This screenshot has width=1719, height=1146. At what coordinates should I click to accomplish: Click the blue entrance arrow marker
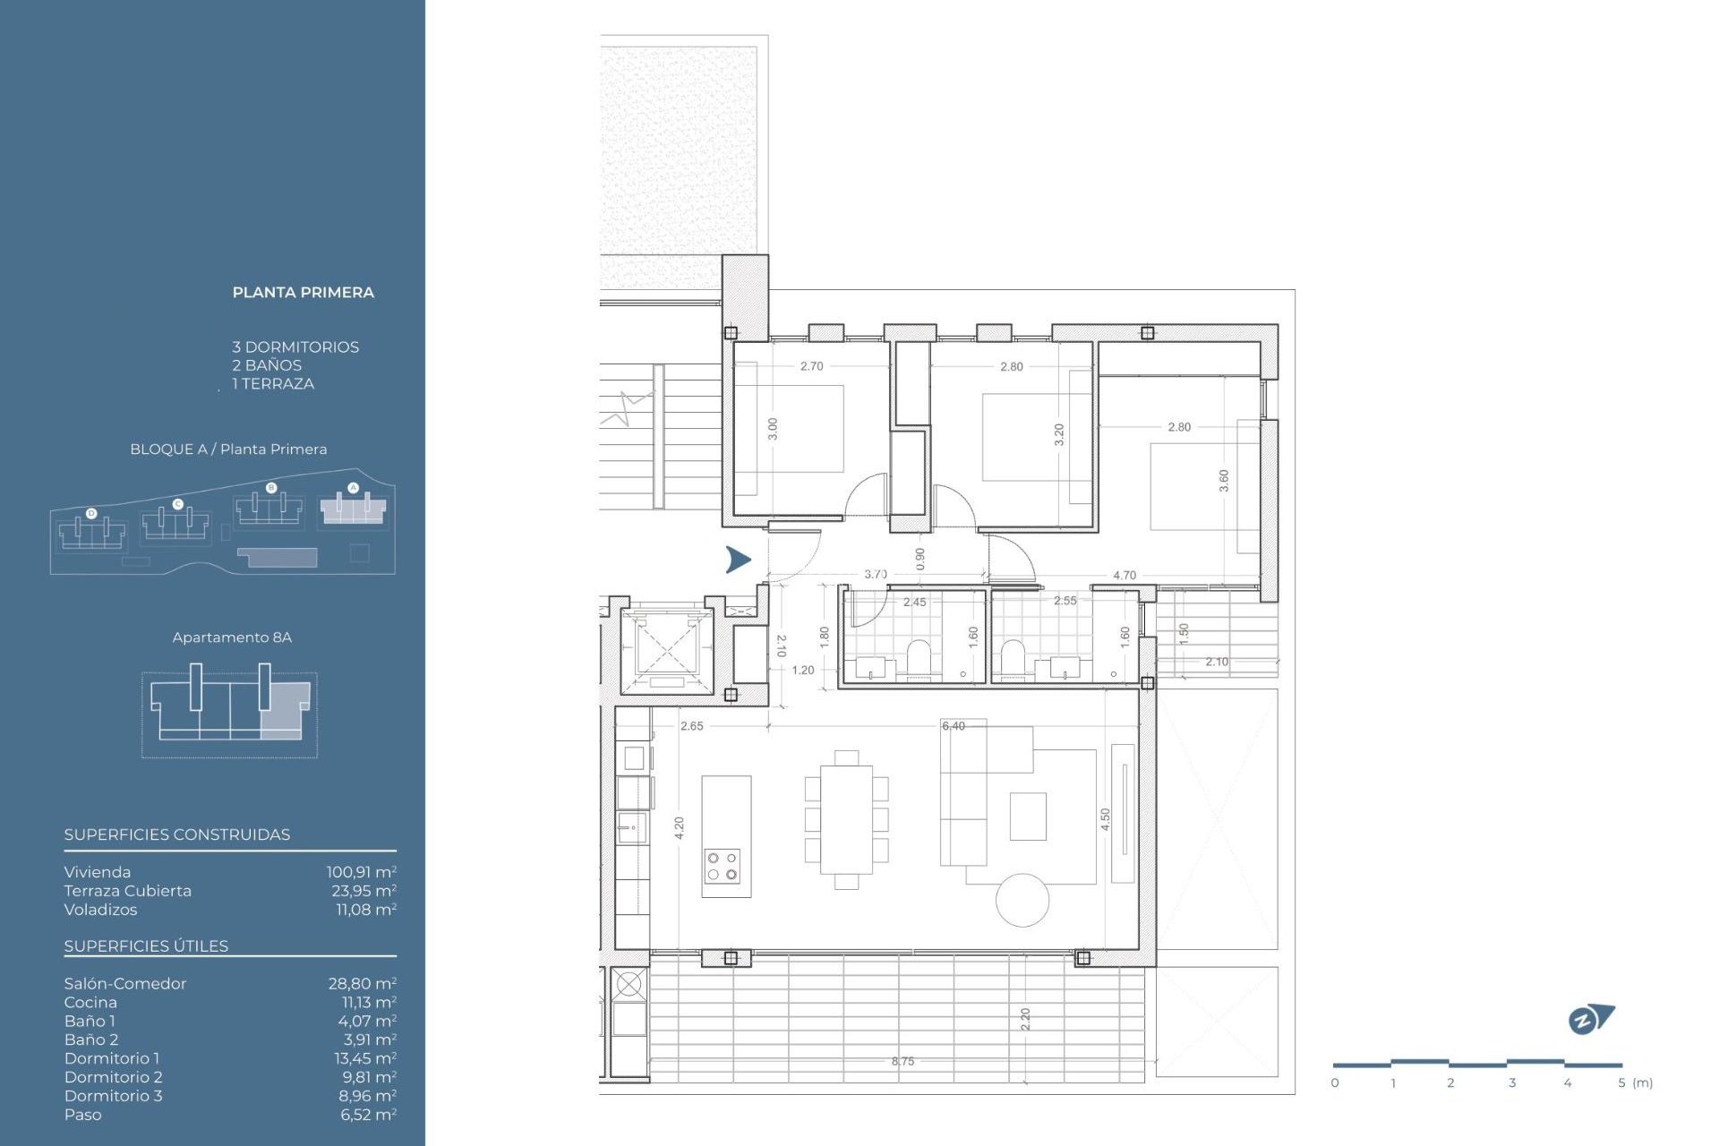[x=738, y=560]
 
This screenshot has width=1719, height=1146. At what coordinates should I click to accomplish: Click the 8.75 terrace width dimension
[x=902, y=1061]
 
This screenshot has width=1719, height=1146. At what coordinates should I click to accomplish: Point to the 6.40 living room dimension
[x=954, y=726]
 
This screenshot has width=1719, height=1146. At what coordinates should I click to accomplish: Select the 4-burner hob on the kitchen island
[x=722, y=866]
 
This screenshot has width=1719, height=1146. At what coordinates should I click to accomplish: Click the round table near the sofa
[x=1022, y=900]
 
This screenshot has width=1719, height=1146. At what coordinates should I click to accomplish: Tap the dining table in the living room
[x=846, y=819]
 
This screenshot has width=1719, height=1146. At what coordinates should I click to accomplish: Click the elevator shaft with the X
[x=666, y=646]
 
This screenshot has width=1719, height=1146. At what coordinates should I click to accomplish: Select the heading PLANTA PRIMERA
[x=303, y=292]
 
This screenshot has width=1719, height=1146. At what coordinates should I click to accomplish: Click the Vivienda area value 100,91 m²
[x=361, y=872]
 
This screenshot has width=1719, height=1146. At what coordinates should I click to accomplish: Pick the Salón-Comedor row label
[x=125, y=983]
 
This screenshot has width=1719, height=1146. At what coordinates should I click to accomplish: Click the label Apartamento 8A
[x=232, y=637]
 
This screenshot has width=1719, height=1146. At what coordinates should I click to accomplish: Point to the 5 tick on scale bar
[x=1621, y=1082]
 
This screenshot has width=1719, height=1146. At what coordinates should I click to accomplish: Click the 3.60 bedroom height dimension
[x=1224, y=481]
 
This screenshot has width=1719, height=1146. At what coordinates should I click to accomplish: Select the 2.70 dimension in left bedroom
[x=811, y=366]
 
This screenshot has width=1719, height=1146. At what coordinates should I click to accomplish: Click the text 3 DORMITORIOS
[x=295, y=346]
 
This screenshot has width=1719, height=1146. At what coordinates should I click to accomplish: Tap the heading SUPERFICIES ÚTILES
[x=146, y=946]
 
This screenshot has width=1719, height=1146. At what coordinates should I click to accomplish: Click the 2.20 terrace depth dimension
[x=1025, y=1019]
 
